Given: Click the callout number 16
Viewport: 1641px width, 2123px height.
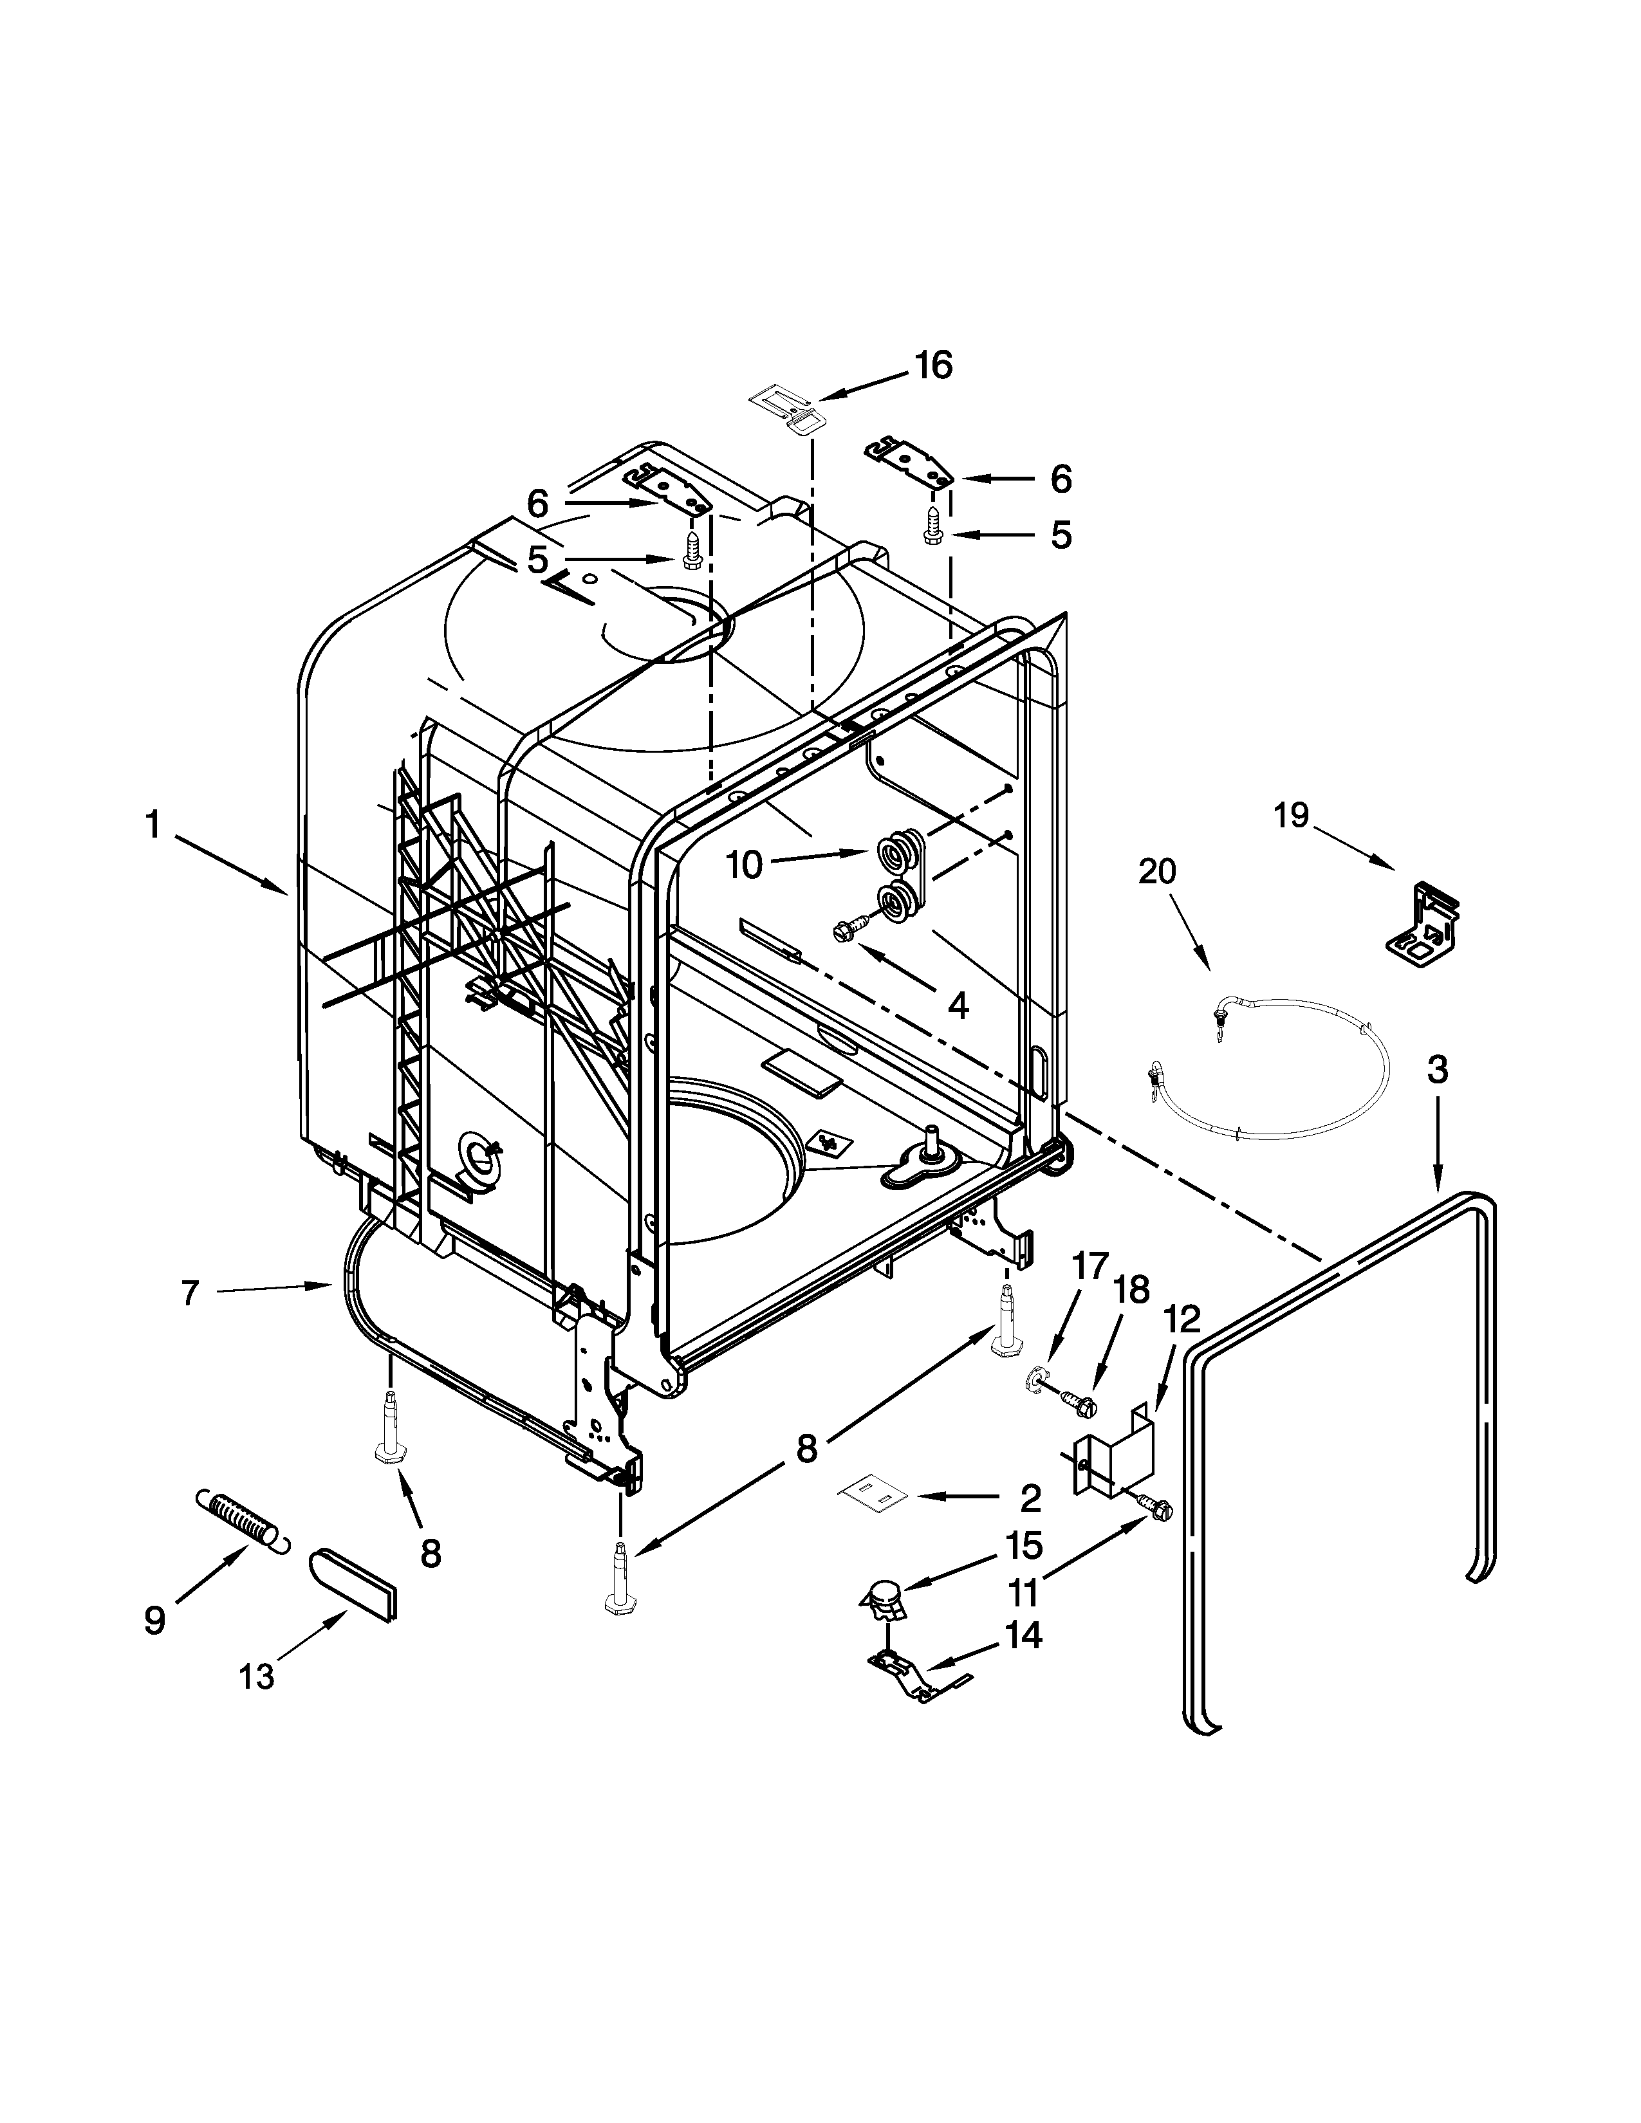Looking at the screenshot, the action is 932,365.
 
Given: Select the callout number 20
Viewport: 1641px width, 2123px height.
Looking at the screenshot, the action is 1157,871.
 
